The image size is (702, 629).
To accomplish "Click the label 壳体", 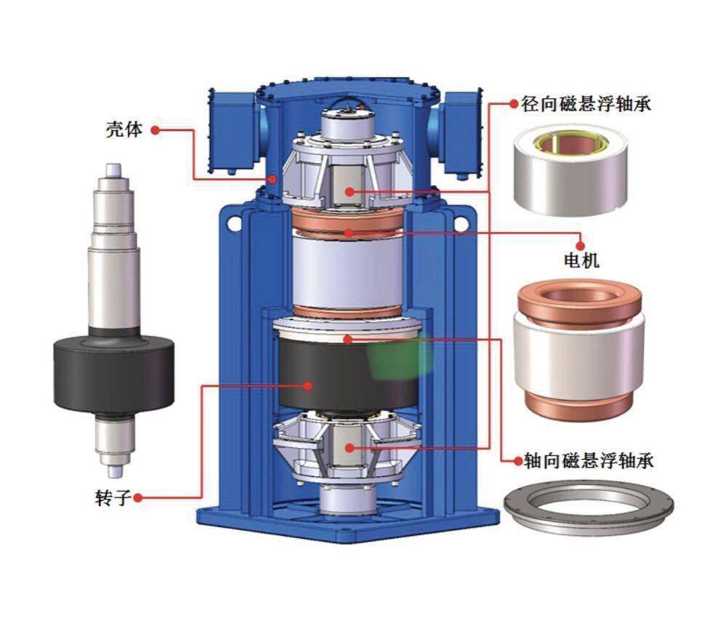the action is click(x=124, y=130).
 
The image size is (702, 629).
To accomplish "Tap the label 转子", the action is click(x=113, y=497).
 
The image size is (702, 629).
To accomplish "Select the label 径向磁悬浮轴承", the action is click(x=585, y=104).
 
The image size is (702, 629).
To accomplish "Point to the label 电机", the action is click(x=581, y=260).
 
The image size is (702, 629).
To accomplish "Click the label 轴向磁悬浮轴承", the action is click(x=589, y=460).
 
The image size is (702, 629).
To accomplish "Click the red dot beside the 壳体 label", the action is click(x=155, y=130).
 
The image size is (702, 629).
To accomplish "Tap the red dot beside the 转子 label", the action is click(x=139, y=497).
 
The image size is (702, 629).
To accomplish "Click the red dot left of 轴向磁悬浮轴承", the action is click(x=518, y=460).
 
